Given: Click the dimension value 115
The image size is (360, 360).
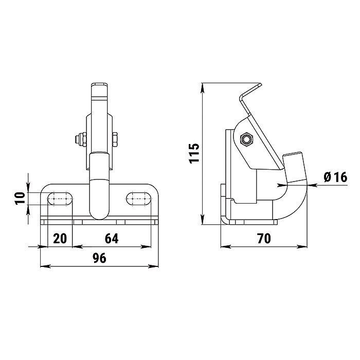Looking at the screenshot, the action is [194, 153].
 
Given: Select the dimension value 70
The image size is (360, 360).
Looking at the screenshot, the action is [264, 238].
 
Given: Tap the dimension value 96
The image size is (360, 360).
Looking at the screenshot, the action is [100, 258].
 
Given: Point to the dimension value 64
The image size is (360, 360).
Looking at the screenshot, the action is [112, 238].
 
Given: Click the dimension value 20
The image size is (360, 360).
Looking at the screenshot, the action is [60, 238].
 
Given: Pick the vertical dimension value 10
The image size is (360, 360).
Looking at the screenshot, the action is [20, 199].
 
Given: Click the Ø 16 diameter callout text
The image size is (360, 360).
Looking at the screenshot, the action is [335, 177].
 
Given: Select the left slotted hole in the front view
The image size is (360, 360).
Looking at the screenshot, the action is [60, 199].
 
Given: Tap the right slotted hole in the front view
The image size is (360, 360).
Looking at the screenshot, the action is [139, 199].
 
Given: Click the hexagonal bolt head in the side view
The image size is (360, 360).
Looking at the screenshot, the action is [246, 139].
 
